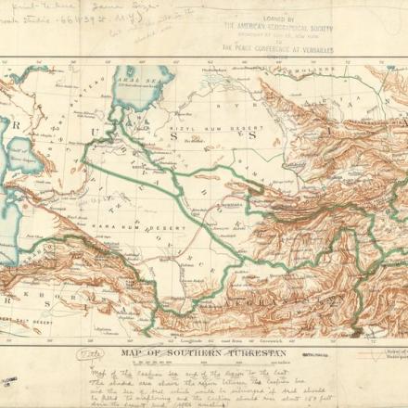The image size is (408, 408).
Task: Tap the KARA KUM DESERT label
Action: [x=139, y=224]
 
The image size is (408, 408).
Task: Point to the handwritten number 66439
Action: [x=71, y=18]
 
